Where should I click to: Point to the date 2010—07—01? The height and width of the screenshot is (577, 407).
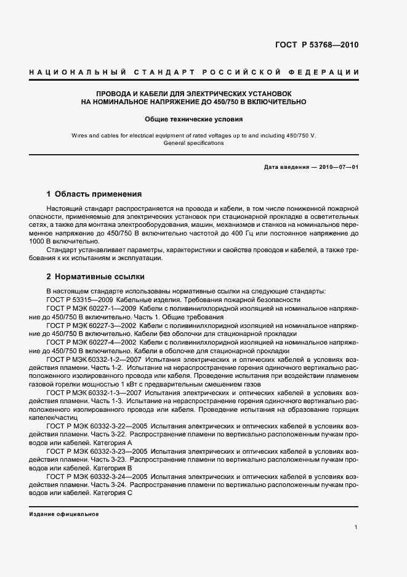[x=338, y=167]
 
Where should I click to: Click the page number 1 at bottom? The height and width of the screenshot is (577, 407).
[x=357, y=527]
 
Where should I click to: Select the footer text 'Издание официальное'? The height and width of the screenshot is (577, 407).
[x=63, y=514]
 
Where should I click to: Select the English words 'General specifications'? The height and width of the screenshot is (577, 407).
[x=194, y=143]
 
